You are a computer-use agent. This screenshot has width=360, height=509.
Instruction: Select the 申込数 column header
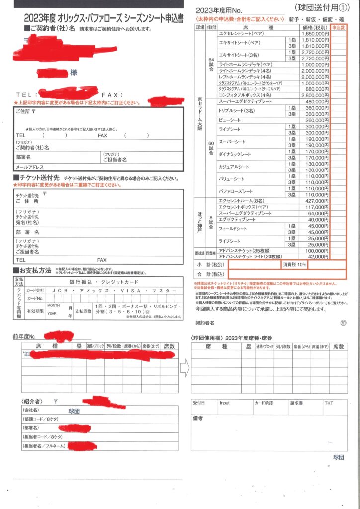tap(338, 26)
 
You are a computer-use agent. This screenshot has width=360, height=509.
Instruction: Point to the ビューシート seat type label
tap(229, 120)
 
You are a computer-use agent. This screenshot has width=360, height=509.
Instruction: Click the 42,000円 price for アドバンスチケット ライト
tap(318, 256)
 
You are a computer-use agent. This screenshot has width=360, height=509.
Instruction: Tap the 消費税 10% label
tap(295, 265)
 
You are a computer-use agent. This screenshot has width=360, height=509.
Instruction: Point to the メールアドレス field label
tap(30, 167)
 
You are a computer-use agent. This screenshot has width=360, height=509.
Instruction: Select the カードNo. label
tap(35, 298)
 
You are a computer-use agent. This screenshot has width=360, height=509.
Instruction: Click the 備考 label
tap(198, 418)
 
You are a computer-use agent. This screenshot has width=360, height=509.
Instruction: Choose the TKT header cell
tap(329, 403)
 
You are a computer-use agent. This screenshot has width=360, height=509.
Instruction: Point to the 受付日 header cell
tap(199, 403)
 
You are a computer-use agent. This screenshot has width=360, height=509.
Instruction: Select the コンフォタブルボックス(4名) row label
tap(245, 95)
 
